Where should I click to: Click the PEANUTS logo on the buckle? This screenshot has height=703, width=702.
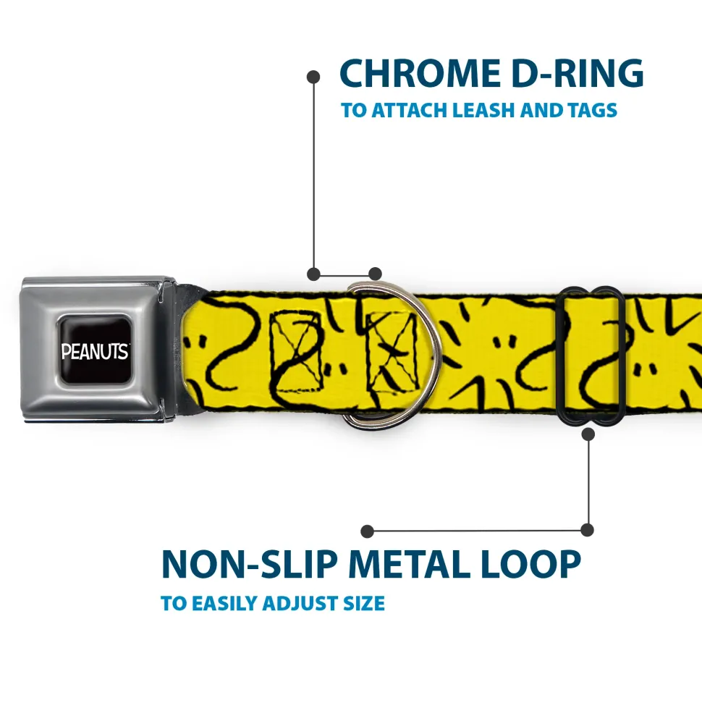(x=95, y=351)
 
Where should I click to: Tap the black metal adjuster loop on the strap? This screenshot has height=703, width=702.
(x=593, y=355)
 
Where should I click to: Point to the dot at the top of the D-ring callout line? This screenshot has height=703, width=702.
(x=313, y=76)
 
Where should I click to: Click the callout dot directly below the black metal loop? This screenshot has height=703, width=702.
(x=588, y=434)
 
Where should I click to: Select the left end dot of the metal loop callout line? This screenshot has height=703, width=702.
(x=368, y=531)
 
